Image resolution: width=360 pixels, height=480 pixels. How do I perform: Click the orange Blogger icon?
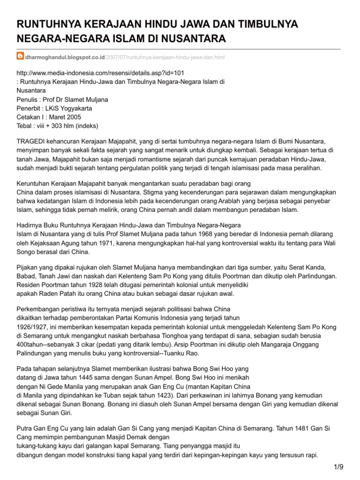click(x=20, y=57)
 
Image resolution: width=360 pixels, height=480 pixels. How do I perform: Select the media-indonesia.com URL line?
click(x=100, y=73)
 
